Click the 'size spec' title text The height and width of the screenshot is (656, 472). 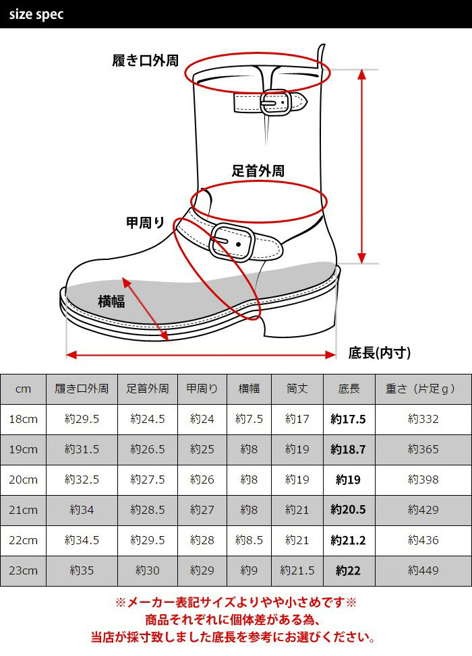(36, 14)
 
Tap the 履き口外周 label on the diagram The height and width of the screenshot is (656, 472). (145, 61)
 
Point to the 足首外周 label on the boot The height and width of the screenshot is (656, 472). (258, 170)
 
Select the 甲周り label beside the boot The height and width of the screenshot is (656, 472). (146, 222)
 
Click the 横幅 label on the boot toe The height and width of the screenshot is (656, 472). (111, 301)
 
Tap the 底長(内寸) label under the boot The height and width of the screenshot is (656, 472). (380, 353)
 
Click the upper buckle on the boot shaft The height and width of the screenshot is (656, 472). (276, 102)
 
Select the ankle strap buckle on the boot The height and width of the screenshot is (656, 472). (231, 242)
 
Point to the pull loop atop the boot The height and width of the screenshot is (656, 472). (321, 55)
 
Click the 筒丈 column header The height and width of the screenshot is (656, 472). (297, 389)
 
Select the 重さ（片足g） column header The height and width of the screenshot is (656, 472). (421, 389)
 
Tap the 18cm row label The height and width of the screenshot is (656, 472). (24, 419)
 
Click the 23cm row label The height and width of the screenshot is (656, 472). (24, 570)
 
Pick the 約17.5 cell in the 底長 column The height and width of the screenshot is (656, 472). (348, 419)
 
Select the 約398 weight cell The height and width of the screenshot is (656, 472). (423, 480)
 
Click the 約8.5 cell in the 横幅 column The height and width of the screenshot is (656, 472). (249, 541)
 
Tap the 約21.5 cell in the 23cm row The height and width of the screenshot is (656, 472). (297, 570)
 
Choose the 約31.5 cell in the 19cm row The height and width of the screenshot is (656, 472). (82, 450)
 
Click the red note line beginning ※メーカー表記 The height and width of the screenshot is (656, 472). (236, 602)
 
